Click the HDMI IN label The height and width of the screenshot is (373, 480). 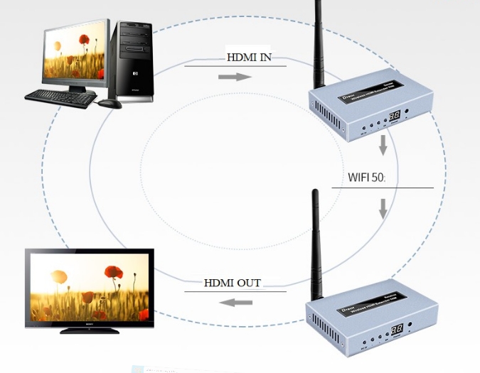coord(249,58)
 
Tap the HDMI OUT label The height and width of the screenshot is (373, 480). coord(233,283)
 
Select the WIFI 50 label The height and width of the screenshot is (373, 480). coord(366,176)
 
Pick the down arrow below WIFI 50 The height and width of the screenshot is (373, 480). coord(383,208)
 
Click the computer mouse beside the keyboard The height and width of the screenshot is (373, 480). coord(110,103)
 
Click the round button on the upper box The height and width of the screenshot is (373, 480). coord(406,112)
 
